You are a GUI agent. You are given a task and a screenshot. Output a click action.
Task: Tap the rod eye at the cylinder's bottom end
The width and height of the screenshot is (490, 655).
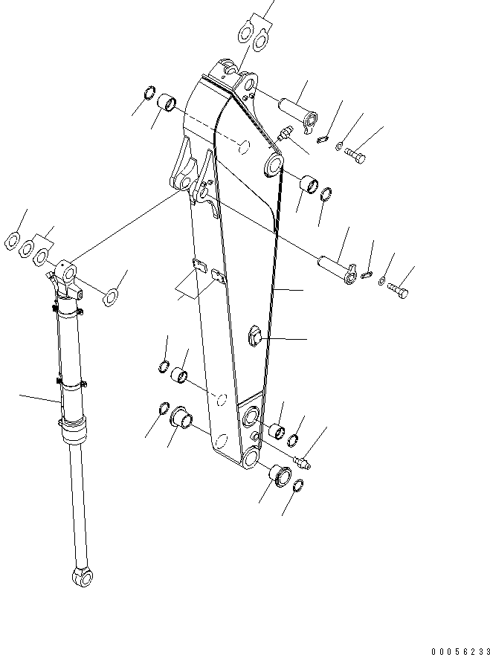[x=80, y=576]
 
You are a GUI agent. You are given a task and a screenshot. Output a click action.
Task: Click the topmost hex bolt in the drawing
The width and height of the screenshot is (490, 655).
[x=355, y=157]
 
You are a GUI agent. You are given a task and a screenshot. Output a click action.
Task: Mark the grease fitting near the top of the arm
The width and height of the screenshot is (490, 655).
[x=283, y=135]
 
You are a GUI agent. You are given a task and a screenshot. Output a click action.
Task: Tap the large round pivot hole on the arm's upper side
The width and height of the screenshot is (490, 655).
[x=272, y=165]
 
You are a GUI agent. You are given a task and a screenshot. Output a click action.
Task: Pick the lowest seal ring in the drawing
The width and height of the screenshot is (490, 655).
[x=295, y=486]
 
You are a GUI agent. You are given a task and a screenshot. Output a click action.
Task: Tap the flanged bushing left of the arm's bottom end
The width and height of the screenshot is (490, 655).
[x=181, y=418]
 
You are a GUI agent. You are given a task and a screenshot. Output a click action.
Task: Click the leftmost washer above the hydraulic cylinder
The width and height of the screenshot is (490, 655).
[x=13, y=240]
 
